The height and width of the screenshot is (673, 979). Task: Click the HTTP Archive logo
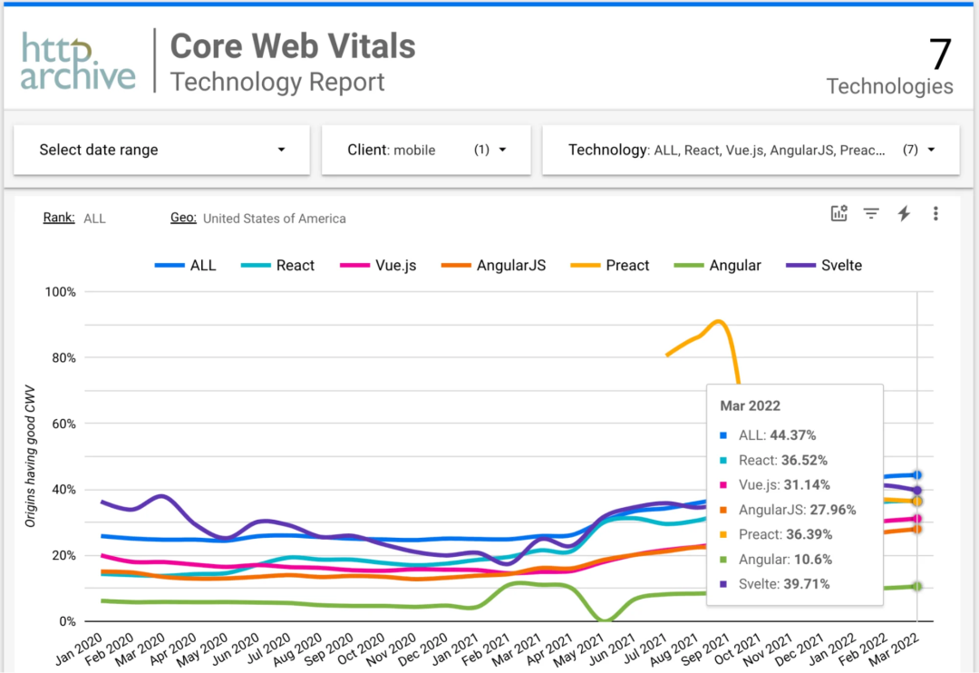pos(78,62)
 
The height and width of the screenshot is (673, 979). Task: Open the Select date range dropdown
pos(161,150)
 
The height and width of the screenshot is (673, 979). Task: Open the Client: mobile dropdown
pos(426,150)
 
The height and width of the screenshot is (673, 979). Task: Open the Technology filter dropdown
pos(751,150)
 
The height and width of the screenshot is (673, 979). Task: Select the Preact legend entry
pos(610,266)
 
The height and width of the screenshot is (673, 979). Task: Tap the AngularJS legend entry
pos(493,266)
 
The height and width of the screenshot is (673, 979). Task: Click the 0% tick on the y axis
pos(66,622)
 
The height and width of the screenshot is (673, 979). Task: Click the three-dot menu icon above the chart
pos(935,213)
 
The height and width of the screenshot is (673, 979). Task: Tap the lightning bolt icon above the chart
pos(903,213)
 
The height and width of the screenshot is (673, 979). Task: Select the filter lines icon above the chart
pos(871,213)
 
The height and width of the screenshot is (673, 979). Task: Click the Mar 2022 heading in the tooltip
pos(750,405)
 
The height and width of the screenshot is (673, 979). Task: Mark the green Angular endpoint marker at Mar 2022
pos(917,587)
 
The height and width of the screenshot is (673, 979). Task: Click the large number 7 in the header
pos(940,55)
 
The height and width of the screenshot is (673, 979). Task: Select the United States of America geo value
pos(274,219)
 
